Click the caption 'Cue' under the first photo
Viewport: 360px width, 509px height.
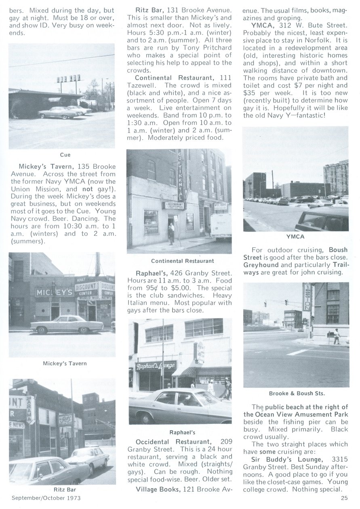pos(65,155)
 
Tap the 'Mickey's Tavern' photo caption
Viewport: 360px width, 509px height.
pos(65,363)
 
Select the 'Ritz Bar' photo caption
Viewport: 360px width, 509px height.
pos(65,490)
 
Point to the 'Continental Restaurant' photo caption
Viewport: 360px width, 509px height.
pos(183,261)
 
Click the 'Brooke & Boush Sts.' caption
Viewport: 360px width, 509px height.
pos(297,393)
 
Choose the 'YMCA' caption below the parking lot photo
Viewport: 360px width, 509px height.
pos(296,237)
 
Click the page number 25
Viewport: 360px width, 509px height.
pos(344,498)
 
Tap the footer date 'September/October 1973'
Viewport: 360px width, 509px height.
pos(46,498)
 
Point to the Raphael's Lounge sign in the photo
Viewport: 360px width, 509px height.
pos(156,366)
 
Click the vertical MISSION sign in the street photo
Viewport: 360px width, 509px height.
pos(307,297)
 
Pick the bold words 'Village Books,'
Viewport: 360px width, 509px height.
pos(158,490)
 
